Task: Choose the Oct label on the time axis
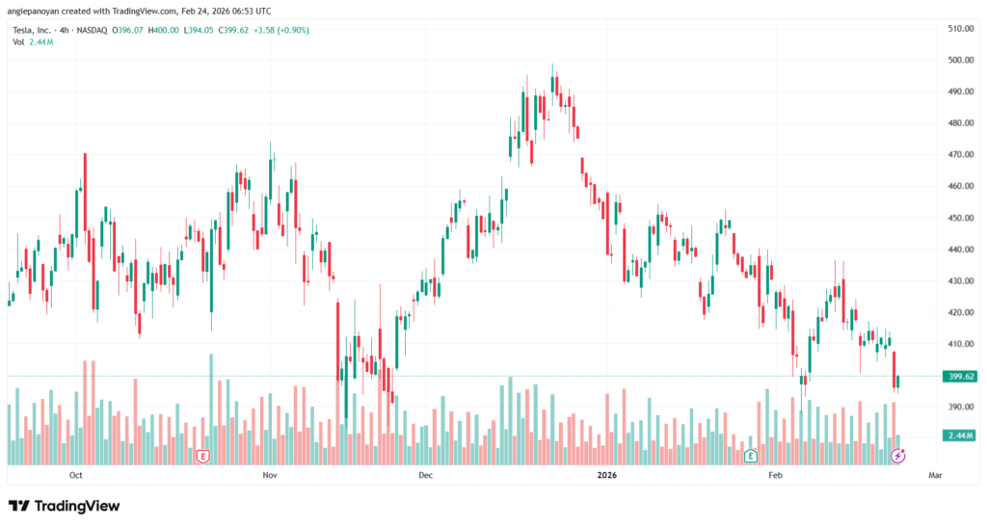pos(76,475)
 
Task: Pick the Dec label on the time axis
pos(426,475)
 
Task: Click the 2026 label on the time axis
pos(606,475)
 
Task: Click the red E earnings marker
pos(202,455)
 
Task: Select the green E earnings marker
pos(751,455)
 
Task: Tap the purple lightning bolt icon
pos(897,455)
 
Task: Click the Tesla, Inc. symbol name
pos(30,30)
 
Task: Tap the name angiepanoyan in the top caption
pos(35,12)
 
